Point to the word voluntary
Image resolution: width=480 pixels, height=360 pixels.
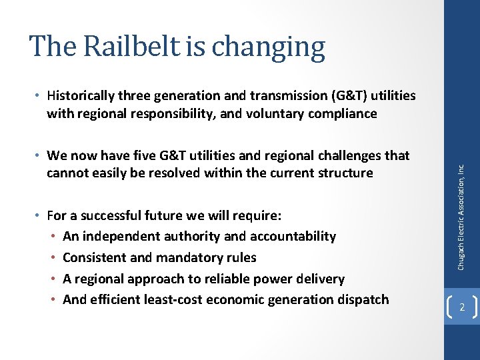[274, 113]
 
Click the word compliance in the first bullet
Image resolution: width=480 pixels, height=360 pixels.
[343, 113]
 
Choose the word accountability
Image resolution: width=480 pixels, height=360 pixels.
[293, 236]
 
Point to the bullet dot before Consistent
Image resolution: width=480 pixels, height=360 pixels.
[53, 257]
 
